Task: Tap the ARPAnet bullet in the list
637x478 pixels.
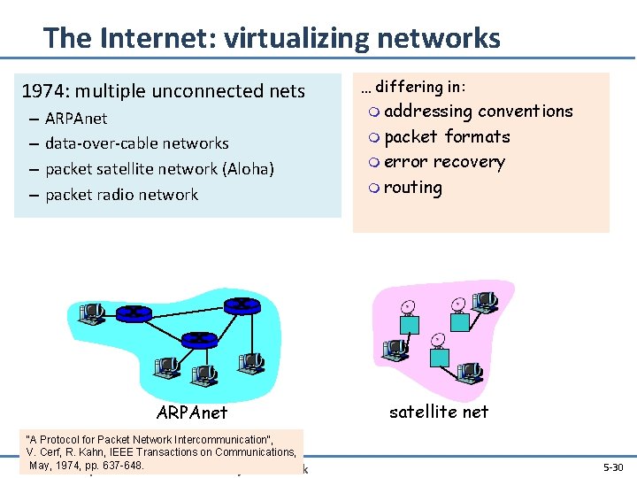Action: click(x=76, y=119)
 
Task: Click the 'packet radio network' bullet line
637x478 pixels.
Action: click(x=121, y=195)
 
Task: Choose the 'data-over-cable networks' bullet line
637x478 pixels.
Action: click(x=136, y=143)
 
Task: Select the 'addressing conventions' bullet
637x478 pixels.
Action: click(x=478, y=112)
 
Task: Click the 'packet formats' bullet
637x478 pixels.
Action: click(x=447, y=137)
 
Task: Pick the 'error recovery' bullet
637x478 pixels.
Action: click(x=444, y=162)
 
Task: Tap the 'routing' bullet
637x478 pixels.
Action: click(x=412, y=188)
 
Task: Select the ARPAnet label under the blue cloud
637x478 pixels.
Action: click(x=191, y=412)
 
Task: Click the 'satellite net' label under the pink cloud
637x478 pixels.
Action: click(x=439, y=412)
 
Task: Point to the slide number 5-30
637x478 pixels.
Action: click(x=612, y=466)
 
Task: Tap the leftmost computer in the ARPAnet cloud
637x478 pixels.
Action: click(x=90, y=313)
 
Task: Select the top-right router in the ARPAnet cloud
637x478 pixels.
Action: click(x=241, y=305)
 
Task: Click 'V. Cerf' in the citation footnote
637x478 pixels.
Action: click(x=50, y=452)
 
